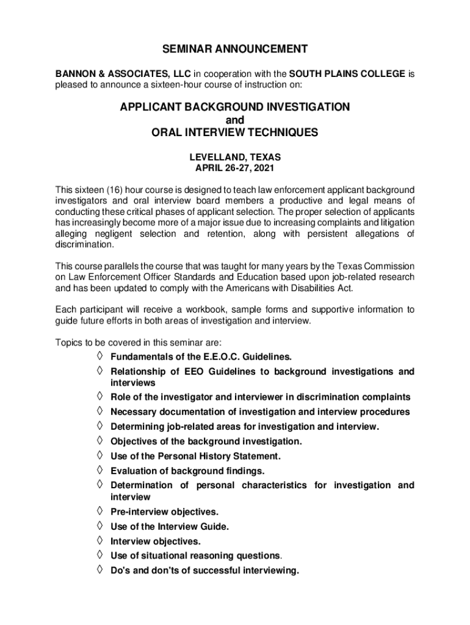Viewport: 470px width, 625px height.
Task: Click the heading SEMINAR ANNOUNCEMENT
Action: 234,49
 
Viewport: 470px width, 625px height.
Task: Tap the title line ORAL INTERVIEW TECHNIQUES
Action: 234,132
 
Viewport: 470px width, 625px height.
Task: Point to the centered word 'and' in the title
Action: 234,120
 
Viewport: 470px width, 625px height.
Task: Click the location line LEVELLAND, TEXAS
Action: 234,157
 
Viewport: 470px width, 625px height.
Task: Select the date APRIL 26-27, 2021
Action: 234,168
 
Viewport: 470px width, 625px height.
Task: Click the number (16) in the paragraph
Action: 112,190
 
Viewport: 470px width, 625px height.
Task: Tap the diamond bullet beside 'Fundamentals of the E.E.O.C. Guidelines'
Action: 99,356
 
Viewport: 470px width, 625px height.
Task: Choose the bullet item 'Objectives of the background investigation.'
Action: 206,441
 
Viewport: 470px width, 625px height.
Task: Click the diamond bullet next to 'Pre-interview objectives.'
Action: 99,511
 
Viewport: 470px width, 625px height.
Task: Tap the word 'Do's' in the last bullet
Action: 120,571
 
